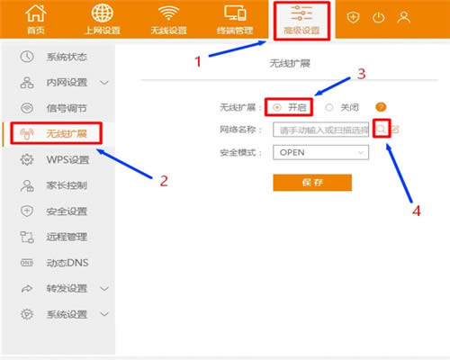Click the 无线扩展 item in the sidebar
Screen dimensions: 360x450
point(65,133)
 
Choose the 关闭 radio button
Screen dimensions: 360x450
point(329,107)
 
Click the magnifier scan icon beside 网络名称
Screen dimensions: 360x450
point(382,130)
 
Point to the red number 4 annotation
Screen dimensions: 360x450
point(417,212)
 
